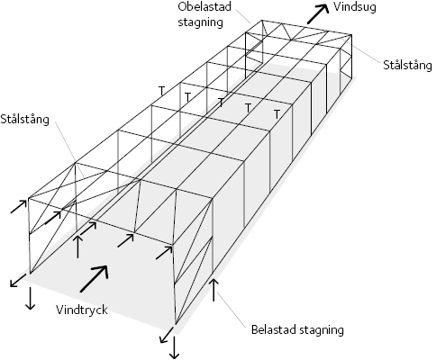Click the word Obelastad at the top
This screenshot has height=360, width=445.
(x=204, y=6)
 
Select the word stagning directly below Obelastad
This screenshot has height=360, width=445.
(x=200, y=22)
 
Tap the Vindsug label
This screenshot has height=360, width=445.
(x=355, y=7)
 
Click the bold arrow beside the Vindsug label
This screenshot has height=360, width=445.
(x=318, y=14)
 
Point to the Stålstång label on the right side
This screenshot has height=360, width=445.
(x=407, y=65)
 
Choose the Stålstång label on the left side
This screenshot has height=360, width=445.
(x=24, y=119)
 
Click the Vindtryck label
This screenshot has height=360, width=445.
(x=82, y=310)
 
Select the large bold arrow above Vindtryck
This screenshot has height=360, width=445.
(x=95, y=278)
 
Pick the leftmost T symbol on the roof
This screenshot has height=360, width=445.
(x=162, y=91)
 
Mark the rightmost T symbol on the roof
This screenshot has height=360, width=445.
(x=277, y=114)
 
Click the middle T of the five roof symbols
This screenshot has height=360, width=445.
(x=221, y=103)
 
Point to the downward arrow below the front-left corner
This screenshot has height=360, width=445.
(x=30, y=298)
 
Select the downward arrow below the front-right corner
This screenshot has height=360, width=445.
(x=174, y=347)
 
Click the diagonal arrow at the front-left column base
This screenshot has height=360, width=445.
(x=19, y=280)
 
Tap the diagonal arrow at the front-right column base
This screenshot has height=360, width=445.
(x=167, y=335)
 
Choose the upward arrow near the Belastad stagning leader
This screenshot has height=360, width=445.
(x=213, y=290)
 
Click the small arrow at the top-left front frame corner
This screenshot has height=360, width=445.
(x=19, y=206)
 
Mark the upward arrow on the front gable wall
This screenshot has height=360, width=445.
(x=77, y=247)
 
